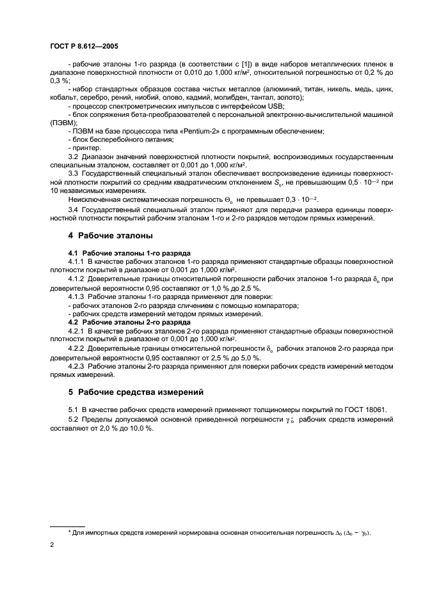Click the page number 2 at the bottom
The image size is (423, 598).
[51, 544]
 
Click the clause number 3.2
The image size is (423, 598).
[74, 156]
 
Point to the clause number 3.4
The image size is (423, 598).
[74, 209]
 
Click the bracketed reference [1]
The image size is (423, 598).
[244, 65]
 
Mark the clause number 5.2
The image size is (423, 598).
[74, 419]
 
